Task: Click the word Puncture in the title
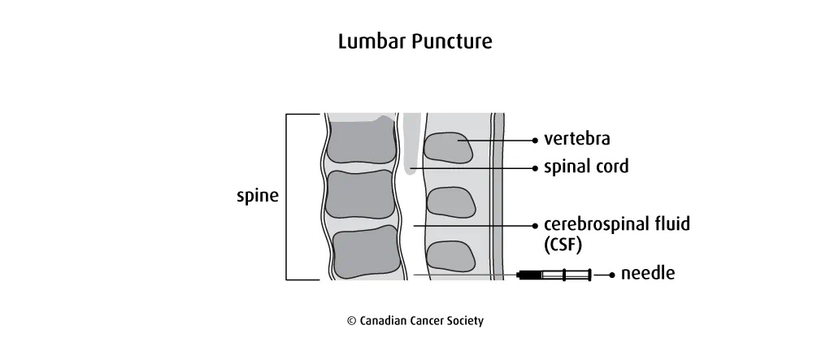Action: pos(452,41)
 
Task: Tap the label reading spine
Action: pos(257,196)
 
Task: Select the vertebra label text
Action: pos(577,139)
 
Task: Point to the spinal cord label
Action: pos(586,167)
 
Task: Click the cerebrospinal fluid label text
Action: pos(616,224)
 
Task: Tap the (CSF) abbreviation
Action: pos(563,244)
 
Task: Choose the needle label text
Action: pos(647,274)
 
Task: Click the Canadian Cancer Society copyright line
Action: pos(415,321)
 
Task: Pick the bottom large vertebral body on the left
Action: pos(365,249)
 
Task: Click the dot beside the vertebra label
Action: pos(534,140)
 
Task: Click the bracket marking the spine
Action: pos(287,196)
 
